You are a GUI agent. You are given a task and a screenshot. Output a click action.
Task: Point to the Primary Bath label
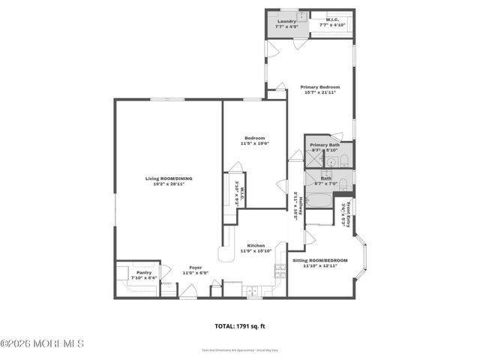click(x=325, y=145)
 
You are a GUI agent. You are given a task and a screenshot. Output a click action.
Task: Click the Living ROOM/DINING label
click(x=169, y=178)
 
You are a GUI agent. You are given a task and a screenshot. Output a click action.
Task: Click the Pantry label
click(x=144, y=272)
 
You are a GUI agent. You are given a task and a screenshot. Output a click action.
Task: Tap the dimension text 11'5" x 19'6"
click(x=255, y=143)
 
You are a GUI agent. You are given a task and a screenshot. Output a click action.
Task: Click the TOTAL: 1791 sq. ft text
click(x=241, y=326)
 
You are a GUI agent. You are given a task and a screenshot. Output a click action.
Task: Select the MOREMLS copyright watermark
click(x=43, y=343)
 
